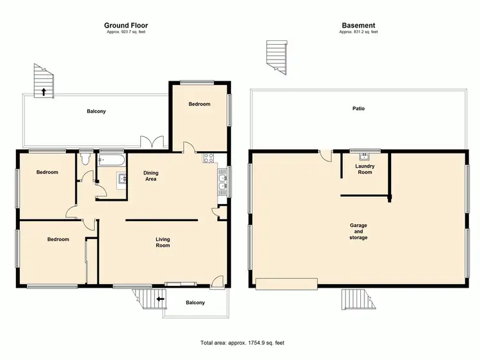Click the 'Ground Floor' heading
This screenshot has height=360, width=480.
coord(126,26)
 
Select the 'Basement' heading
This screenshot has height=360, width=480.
coord(358,26)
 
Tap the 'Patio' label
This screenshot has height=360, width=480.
coord(358,109)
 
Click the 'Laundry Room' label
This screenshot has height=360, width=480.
coord(365,169)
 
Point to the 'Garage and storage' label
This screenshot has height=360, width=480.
coord(358,232)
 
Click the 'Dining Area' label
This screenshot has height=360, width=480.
coord(150,176)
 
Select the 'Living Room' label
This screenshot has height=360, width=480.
coord(163,242)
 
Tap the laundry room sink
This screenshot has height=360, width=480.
coord(365,155)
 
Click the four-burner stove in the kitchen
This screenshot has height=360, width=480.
coord(209,158)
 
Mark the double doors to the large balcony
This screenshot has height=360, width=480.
coord(154,143)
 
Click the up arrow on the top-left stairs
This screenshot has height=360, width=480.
coord(44,92)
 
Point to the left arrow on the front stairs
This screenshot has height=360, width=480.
coord(159,299)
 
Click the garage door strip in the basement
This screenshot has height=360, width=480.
coord(286,283)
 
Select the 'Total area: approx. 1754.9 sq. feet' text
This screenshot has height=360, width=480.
coord(240,343)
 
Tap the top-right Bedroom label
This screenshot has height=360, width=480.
coord(199,104)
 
